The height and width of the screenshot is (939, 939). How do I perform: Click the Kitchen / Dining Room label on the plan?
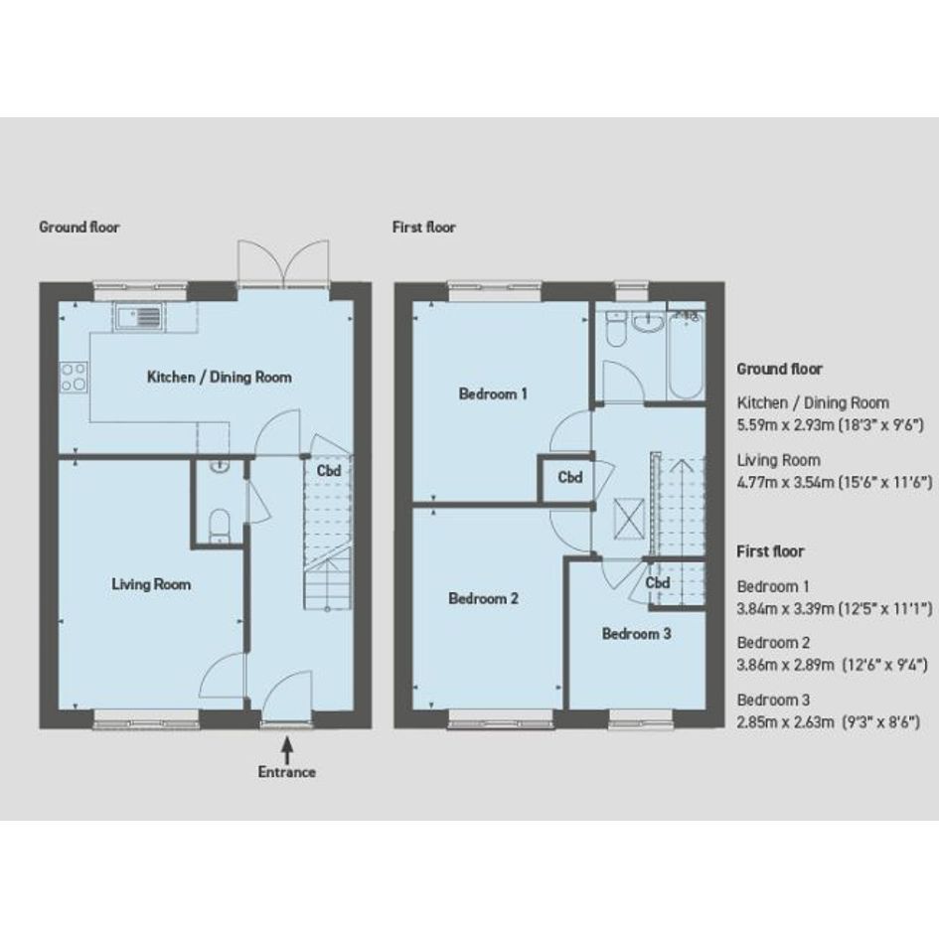[220, 378]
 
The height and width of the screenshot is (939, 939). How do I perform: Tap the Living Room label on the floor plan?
[151, 584]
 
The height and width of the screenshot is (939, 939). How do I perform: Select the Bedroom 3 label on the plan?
[636, 634]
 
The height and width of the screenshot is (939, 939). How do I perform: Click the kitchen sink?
[139, 316]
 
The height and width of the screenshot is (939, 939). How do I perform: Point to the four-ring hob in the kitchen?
[74, 377]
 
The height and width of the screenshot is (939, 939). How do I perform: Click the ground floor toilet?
[220, 526]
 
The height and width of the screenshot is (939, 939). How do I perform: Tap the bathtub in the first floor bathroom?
[686, 355]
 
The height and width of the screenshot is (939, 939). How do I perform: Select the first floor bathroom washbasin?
[648, 323]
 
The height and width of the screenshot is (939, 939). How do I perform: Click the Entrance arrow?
[287, 749]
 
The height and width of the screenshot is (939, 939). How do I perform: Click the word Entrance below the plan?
[287, 772]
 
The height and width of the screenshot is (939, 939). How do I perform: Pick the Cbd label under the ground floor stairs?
[329, 471]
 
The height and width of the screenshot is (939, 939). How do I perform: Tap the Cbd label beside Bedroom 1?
[570, 477]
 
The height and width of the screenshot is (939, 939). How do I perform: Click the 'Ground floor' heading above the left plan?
[79, 227]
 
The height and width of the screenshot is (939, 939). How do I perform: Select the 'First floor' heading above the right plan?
[424, 227]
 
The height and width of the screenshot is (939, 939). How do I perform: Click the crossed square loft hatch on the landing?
[629, 519]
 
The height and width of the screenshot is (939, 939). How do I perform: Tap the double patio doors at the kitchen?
[283, 262]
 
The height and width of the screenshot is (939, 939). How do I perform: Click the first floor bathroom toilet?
[615, 329]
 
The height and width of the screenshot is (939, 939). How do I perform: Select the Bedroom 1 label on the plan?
[493, 394]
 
